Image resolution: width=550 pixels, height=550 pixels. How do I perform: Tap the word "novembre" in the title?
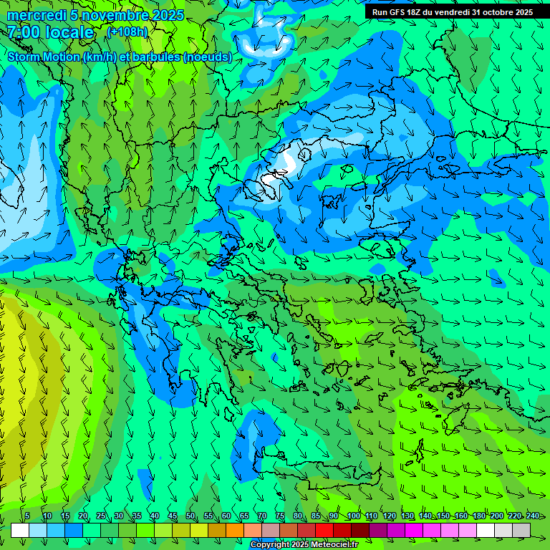110,15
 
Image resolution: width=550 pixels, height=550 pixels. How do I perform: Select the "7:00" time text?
23,32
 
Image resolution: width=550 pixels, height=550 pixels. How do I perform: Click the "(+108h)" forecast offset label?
127,32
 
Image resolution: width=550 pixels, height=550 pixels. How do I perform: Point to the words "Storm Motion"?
44,57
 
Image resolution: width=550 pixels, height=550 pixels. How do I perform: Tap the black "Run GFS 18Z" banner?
453,12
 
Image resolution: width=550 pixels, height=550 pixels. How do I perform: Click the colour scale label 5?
27,516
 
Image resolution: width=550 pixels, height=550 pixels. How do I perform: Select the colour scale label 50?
190,516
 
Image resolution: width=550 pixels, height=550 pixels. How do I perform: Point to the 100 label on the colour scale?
353,516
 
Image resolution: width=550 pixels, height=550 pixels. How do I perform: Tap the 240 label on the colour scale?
532,516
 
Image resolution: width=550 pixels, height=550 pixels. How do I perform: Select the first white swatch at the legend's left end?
20,530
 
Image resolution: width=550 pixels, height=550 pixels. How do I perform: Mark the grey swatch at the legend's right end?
521,530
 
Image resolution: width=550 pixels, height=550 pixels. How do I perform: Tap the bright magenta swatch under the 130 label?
414,530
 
